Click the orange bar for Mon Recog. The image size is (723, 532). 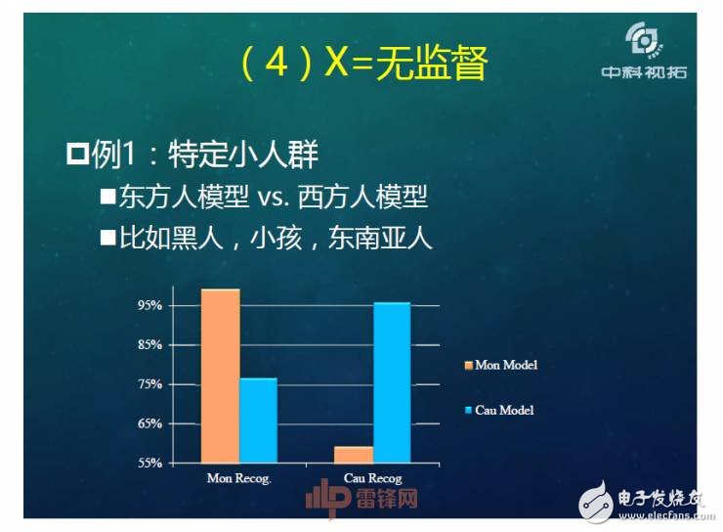pyautogui.click(x=220, y=376)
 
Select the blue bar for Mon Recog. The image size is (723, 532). pyautogui.click(x=258, y=421)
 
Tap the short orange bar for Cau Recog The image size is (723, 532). pyautogui.click(x=354, y=455)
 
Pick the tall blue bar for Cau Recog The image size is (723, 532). pyautogui.click(x=392, y=382)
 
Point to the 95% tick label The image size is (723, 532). pyautogui.click(x=149, y=305)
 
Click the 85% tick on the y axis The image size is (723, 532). pyautogui.click(x=149, y=344)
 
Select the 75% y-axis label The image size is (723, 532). pyautogui.click(x=149, y=384)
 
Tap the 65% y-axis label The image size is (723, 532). pyautogui.click(x=149, y=423)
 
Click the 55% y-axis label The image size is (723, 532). pyautogui.click(x=149, y=463)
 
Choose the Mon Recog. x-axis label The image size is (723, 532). pyautogui.click(x=238, y=478)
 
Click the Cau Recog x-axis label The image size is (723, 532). pyautogui.click(x=373, y=478)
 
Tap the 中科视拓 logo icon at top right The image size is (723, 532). pyautogui.click(x=646, y=42)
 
